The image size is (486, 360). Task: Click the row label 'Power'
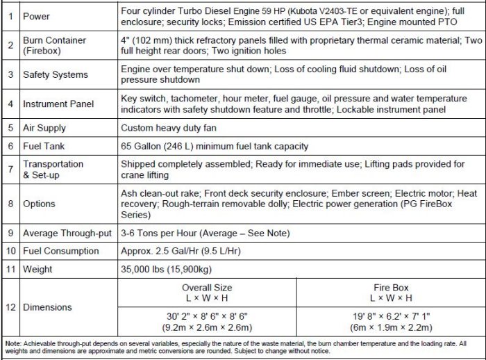(x=36, y=16)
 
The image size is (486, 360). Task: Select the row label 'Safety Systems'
(x=56, y=74)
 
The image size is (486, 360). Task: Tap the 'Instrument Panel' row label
(x=58, y=104)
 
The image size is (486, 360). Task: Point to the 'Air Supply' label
(x=44, y=128)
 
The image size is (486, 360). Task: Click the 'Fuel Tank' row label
(x=43, y=146)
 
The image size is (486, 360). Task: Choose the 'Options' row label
(x=39, y=204)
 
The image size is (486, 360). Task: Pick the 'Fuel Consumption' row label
(x=60, y=251)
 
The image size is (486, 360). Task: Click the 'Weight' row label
(x=37, y=268)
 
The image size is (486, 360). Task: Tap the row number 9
(x=9, y=233)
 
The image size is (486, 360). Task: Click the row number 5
(x=9, y=128)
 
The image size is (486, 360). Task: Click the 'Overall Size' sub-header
(x=207, y=286)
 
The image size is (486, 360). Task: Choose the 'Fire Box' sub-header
(x=389, y=286)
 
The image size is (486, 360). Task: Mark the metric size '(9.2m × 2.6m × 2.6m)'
(x=207, y=327)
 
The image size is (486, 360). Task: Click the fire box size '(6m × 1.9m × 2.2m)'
(x=389, y=327)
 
